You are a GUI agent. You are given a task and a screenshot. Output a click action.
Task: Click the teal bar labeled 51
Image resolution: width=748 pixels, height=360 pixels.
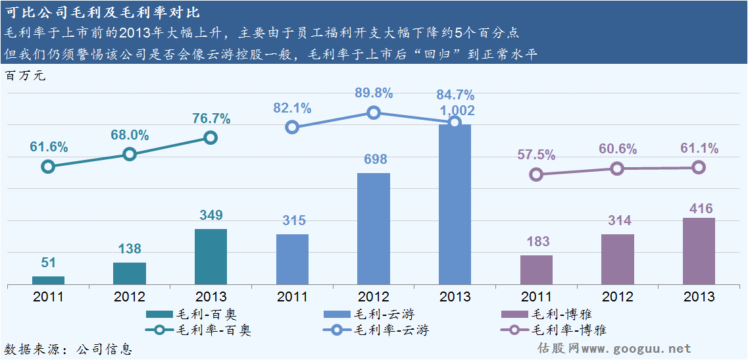pos(48,280)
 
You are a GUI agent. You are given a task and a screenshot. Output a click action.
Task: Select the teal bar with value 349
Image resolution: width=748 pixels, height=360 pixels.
pos(211,257)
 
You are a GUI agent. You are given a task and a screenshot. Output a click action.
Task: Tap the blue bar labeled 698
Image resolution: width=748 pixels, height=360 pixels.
pos(374,228)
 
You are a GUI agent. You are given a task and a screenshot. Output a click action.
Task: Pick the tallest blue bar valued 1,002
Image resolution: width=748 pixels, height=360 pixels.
pos(455,204)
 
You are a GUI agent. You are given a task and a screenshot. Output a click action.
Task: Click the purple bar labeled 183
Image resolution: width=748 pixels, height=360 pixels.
pos(536,270)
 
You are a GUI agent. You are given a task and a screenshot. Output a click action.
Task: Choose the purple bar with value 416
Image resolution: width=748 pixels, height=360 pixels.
pos(699,251)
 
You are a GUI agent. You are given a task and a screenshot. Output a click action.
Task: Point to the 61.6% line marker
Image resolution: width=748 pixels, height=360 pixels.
pos(48,167)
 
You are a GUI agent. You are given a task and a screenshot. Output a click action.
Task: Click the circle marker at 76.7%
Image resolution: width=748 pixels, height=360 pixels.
pos(211,138)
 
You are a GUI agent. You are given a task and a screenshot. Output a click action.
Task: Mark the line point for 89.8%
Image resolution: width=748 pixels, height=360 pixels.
pos(374,113)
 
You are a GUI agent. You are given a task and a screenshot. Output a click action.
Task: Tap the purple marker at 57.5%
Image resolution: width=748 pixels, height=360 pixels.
pos(536,174)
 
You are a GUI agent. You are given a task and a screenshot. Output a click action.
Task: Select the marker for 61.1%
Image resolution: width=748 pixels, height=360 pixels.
pos(699,167)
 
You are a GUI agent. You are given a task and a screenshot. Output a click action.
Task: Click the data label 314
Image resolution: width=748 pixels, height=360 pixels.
pos(617,220)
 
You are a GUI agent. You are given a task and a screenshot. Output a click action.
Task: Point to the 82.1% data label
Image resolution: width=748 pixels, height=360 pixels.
pos(293,109)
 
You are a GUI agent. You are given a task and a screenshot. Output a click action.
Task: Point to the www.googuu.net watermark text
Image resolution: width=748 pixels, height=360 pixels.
pos(636,349)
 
